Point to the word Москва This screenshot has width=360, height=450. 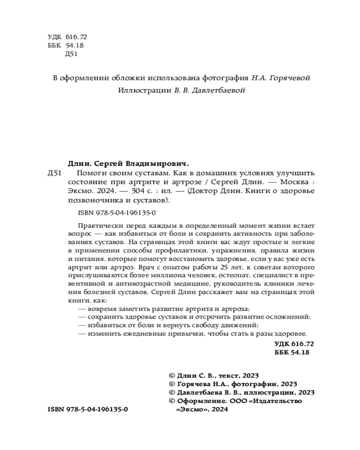click(292, 183)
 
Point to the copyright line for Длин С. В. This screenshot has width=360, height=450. click(214, 375)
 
